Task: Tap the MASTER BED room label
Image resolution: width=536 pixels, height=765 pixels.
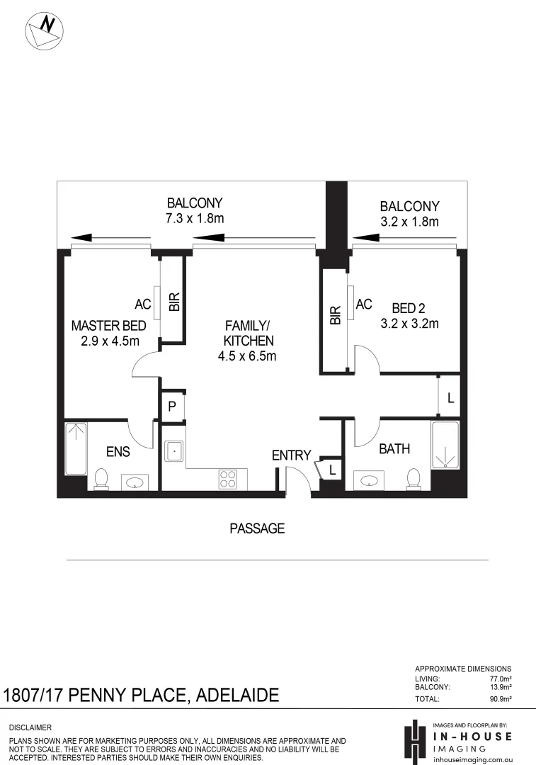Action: (x=109, y=333)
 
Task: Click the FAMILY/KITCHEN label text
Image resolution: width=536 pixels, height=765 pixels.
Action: (x=247, y=341)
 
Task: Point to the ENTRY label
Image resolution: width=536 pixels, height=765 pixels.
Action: (x=292, y=455)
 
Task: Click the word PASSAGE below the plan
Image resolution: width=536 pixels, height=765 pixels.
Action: (x=257, y=528)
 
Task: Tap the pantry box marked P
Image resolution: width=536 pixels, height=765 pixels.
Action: (x=172, y=407)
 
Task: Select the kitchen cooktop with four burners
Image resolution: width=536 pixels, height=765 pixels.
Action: (x=228, y=480)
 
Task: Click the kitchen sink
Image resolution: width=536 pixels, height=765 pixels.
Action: (x=173, y=450)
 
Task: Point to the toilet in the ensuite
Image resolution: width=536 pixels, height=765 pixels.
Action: (x=101, y=479)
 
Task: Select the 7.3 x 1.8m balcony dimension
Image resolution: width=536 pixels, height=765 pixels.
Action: (x=195, y=219)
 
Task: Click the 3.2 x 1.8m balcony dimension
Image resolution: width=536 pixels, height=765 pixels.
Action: (x=409, y=222)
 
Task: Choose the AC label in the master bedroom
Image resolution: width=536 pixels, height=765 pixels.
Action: (x=143, y=305)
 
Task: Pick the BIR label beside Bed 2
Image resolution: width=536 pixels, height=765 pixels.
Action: (x=336, y=315)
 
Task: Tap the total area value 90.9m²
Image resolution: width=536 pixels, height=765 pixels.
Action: (x=500, y=698)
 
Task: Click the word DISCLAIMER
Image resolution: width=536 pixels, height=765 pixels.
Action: (x=30, y=727)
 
